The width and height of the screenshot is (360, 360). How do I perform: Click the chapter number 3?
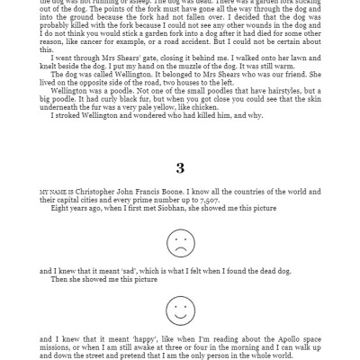pyautogui.click(x=180, y=167)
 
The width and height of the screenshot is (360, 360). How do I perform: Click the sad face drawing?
pyautogui.click(x=180, y=243)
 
